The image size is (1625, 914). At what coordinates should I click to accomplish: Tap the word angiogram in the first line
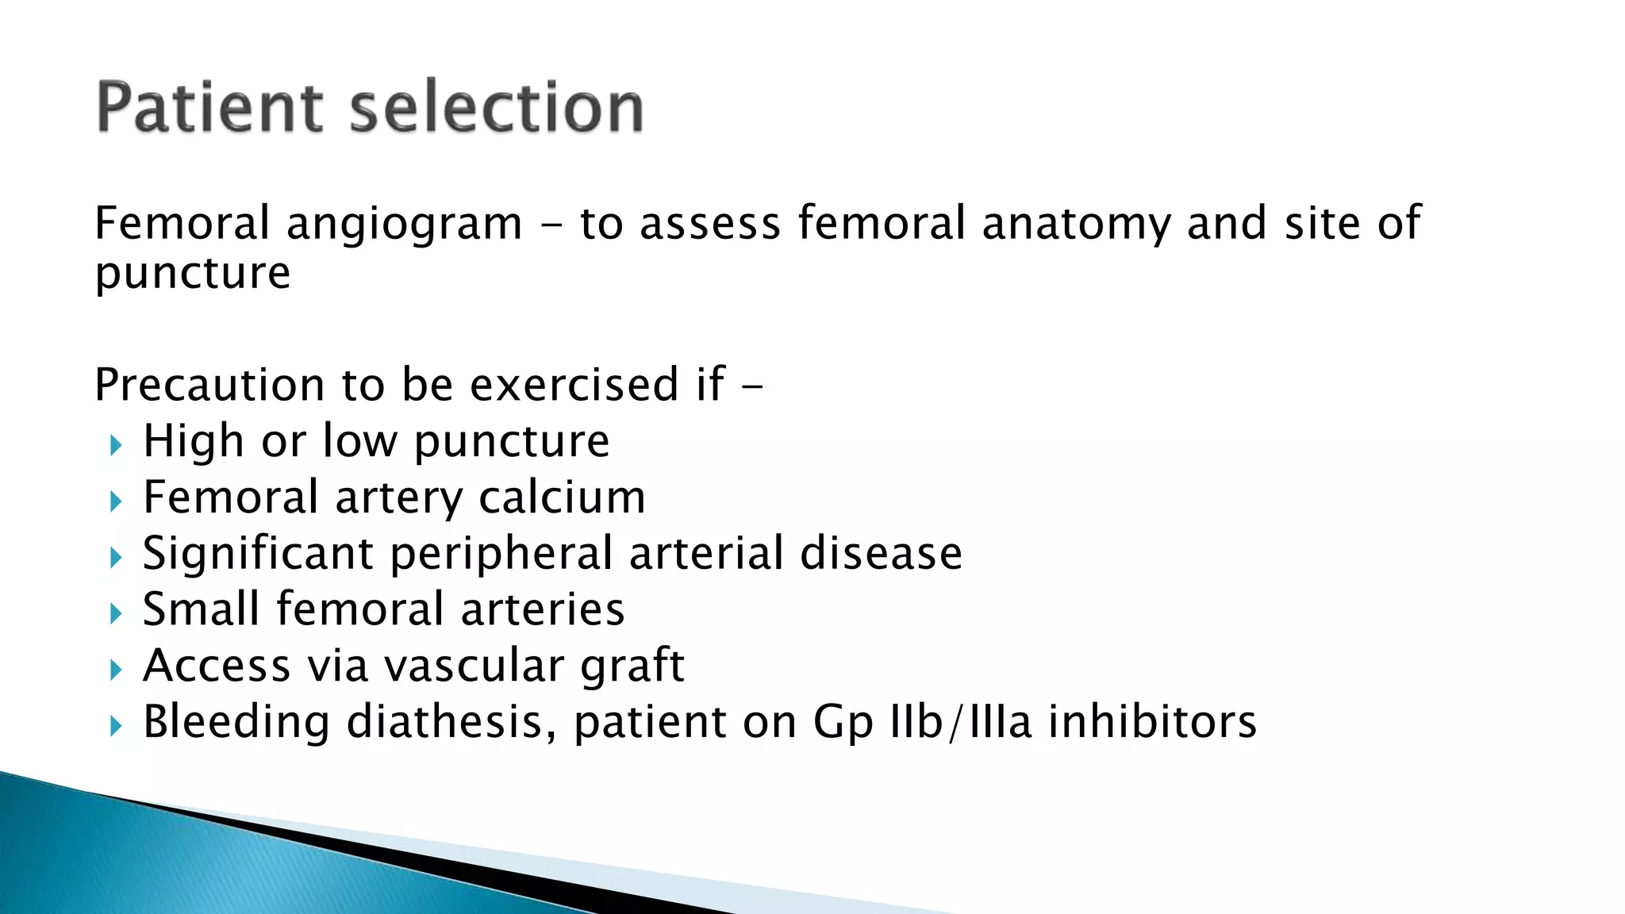[x=404, y=225]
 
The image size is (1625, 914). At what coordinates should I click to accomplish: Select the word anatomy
[x=1076, y=225]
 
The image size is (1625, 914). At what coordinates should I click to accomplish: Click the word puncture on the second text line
[x=193, y=275]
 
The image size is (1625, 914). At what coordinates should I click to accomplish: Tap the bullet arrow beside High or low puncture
[x=116, y=445]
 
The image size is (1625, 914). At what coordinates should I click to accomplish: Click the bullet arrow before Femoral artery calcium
[x=116, y=501]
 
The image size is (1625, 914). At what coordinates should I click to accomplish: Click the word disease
[x=881, y=553]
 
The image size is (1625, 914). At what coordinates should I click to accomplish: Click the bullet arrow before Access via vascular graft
[x=116, y=670]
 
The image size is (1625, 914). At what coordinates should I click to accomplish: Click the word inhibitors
[x=1152, y=723]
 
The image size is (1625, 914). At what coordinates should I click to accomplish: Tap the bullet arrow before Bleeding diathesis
[x=116, y=725]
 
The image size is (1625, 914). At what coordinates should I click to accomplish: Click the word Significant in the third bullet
[x=258, y=555]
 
